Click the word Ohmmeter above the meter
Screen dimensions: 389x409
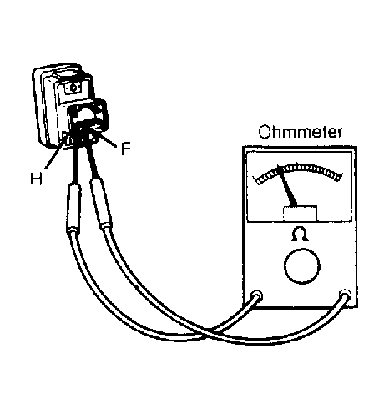pos(300,132)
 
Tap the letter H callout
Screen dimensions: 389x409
pos(36,179)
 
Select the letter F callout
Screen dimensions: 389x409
pos(126,149)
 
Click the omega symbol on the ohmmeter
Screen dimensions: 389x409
pos(300,235)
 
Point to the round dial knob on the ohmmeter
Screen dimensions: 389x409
pos(302,266)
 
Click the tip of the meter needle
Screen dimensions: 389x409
pos(279,166)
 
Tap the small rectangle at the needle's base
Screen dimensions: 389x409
pos(300,214)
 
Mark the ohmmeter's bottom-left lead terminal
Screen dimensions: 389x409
pos(256,295)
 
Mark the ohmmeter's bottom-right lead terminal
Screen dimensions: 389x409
pos(345,295)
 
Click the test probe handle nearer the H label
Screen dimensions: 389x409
pos(73,207)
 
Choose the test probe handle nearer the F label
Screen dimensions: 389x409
pos(101,203)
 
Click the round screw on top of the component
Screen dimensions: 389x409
pos(73,88)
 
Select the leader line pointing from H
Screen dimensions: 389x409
pos(55,154)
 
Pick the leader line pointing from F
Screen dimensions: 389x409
pos(109,141)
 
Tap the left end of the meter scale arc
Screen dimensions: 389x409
pos(256,180)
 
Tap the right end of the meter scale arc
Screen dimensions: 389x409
pos(340,177)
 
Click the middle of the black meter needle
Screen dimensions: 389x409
pos(287,186)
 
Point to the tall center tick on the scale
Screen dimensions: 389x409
pos(297,165)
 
